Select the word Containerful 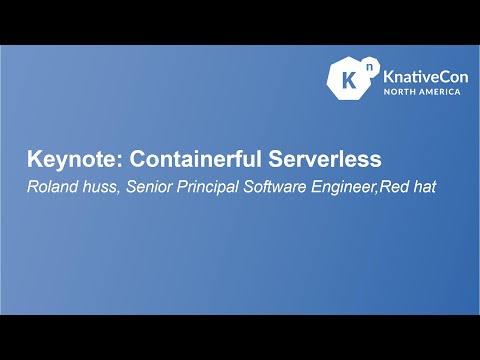point(185,159)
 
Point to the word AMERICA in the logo point(440,92)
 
